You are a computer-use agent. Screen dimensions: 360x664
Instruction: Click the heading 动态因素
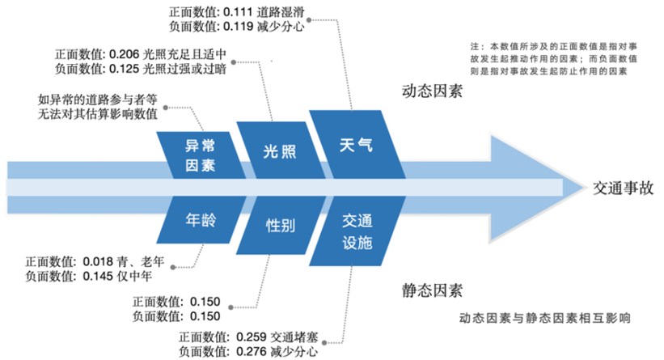(432, 91)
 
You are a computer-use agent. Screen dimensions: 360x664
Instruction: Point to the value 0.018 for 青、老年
(98, 262)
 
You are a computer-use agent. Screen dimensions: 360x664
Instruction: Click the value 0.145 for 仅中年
(98, 277)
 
